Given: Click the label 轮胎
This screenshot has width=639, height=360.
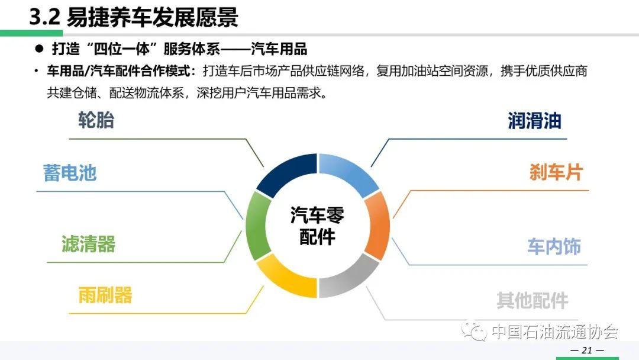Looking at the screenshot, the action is (96, 120).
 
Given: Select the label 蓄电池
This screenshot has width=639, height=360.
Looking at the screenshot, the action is (70, 173).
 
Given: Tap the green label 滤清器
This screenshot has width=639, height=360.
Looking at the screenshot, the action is (88, 244).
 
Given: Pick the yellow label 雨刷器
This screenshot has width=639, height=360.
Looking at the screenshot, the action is (105, 295).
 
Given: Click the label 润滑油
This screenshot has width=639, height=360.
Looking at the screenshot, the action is (535, 121).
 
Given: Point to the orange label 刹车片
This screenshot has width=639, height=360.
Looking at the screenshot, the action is (556, 172).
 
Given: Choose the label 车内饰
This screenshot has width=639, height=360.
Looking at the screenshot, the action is (554, 247).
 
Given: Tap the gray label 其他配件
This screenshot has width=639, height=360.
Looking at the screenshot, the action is (532, 300).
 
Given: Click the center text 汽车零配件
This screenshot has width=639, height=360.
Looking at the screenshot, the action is (317, 226).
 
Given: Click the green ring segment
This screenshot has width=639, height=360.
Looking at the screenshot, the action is (257, 226).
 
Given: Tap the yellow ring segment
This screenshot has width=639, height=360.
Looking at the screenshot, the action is (289, 280).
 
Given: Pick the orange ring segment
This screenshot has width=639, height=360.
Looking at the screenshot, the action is (377, 226).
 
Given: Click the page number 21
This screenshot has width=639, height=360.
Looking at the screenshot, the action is (588, 350).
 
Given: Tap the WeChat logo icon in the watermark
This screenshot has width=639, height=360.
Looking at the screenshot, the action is (474, 331).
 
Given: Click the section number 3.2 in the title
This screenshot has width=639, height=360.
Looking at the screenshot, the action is (44, 18).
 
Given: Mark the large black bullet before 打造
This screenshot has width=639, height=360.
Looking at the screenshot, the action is (39, 49).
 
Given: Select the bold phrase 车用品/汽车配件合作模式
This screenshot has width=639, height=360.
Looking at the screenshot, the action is (118, 71).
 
